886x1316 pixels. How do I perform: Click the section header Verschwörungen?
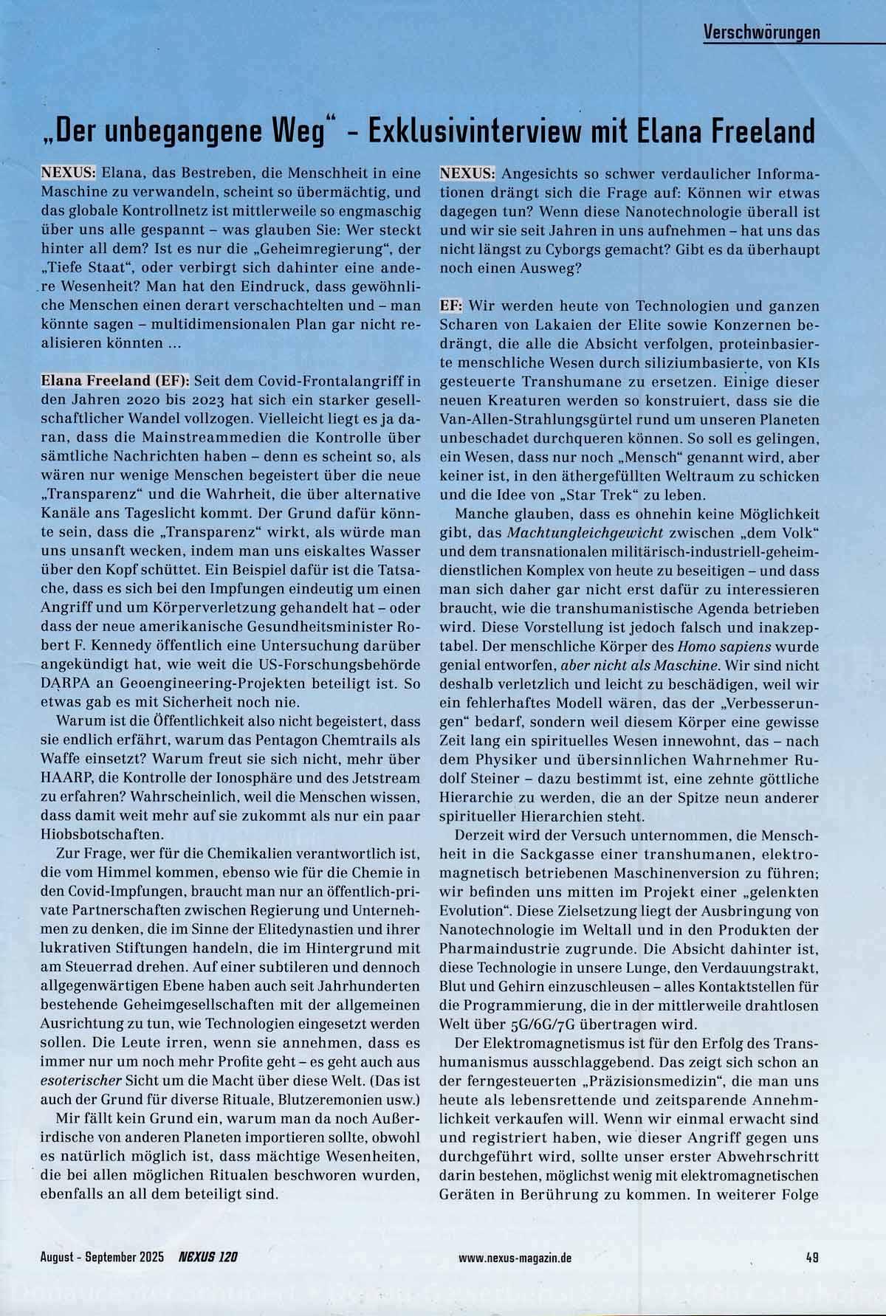coord(762,33)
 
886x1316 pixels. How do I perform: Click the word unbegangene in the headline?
coord(193,131)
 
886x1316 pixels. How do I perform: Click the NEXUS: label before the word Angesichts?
coord(468,174)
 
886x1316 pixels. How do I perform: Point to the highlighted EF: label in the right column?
coord(451,305)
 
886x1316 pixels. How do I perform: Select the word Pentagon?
coord(250,740)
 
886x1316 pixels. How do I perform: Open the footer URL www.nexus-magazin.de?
coord(515,1258)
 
